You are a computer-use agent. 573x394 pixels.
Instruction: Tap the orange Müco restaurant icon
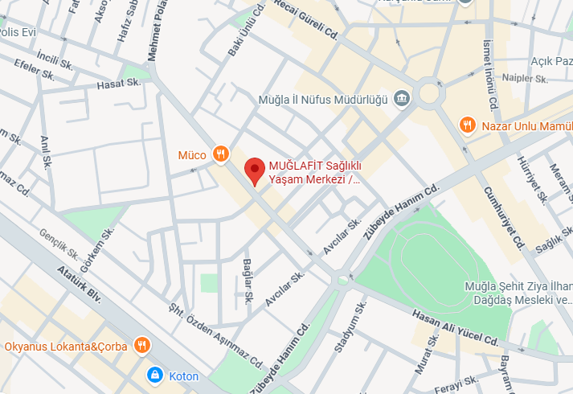(221, 154)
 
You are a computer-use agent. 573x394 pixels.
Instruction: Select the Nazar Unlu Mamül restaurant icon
(466, 125)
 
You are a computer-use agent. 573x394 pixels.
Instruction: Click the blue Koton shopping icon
(153, 376)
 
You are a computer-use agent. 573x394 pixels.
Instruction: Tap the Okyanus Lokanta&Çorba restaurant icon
(141, 347)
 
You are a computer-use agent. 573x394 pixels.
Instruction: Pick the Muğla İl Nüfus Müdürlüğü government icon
(403, 100)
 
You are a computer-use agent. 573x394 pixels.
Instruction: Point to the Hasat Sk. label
(118, 84)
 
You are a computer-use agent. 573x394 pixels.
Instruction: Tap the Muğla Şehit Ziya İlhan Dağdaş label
(518, 293)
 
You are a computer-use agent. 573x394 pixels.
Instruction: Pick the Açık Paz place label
(550, 61)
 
